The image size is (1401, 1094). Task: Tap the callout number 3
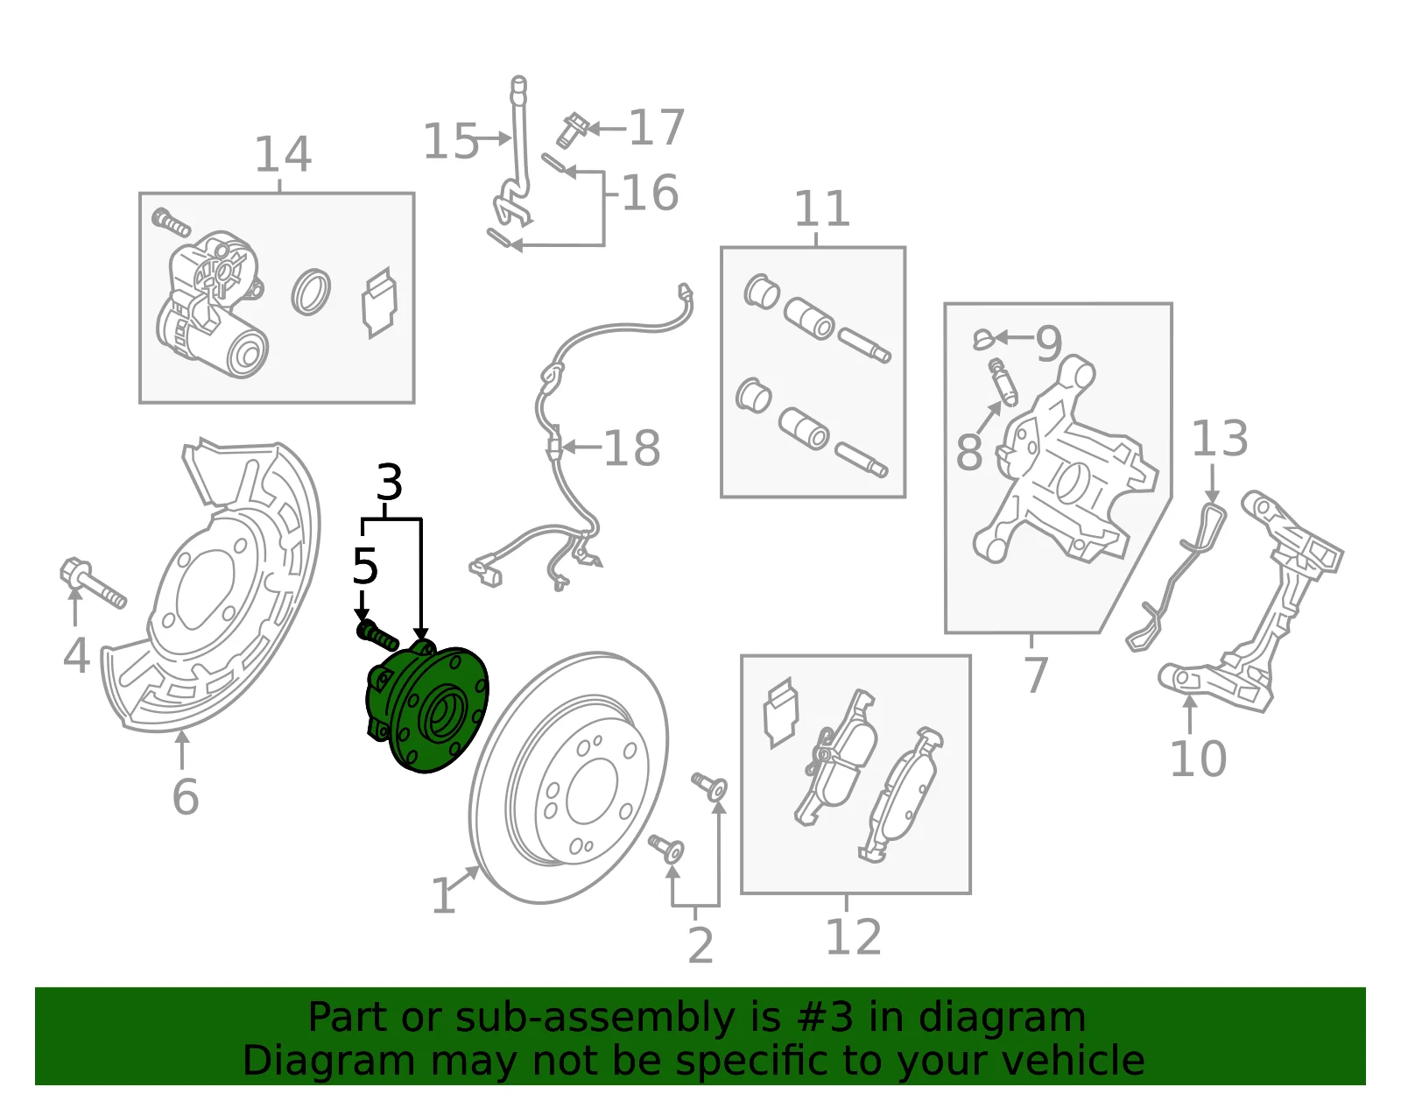(x=390, y=483)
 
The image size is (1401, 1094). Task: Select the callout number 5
(x=365, y=567)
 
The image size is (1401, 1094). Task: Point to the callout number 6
(x=186, y=797)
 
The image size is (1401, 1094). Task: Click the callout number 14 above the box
(x=284, y=154)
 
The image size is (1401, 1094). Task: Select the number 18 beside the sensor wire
(x=632, y=448)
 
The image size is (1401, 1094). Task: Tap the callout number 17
(x=657, y=127)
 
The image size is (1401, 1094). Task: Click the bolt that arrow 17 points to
(x=571, y=131)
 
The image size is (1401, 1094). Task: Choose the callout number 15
(x=451, y=141)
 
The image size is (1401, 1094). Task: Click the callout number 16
(x=650, y=193)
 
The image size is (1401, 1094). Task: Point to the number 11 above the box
(x=822, y=208)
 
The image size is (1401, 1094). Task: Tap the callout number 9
(x=1049, y=343)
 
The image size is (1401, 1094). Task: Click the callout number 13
(x=1220, y=438)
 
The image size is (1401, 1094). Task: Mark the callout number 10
(x=1198, y=759)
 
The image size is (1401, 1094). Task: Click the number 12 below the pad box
(x=854, y=937)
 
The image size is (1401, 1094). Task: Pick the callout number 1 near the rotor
(x=444, y=895)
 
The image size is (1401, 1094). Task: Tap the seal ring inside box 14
(x=311, y=292)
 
